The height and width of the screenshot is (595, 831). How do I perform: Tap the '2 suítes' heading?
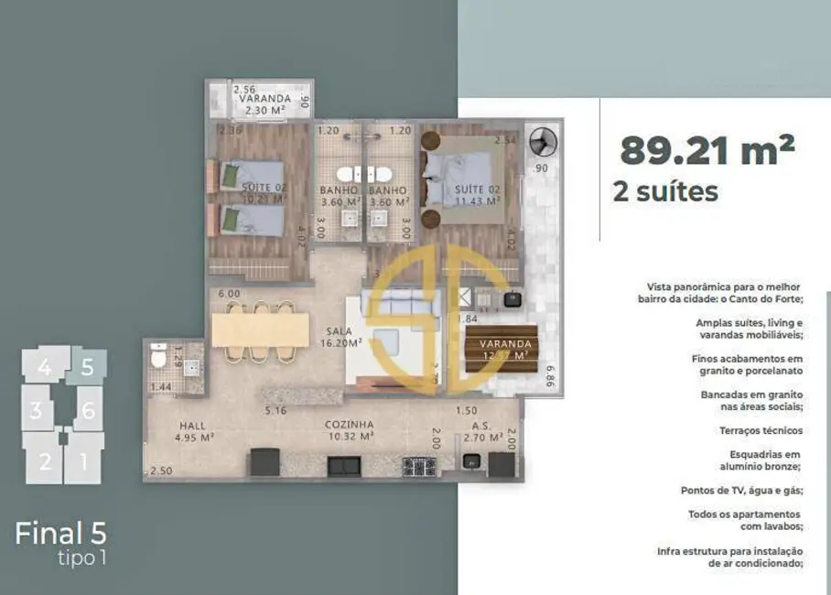coord(665,191)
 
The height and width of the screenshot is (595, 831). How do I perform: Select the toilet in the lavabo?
coord(159,357)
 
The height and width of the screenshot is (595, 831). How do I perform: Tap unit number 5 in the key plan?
coord(88,367)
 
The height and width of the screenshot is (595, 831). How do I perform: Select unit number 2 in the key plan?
coord(45,461)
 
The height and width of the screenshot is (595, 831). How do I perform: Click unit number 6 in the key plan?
coord(88,411)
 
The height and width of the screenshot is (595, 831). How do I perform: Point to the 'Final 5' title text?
coord(60,533)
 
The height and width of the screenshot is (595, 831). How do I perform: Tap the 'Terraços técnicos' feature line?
coord(761,430)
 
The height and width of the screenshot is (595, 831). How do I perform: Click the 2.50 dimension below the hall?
coord(161,471)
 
